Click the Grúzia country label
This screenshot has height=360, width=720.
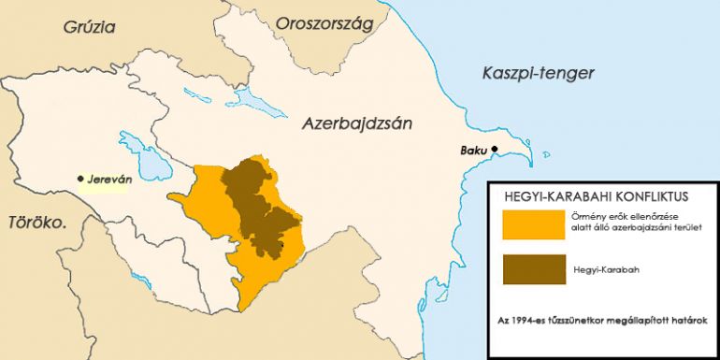coord(90,26)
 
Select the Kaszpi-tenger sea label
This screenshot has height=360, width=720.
coord(538,73)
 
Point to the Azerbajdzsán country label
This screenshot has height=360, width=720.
coord(356,122)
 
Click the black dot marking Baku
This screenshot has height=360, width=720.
coord(496,150)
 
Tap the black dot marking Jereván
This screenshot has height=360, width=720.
coord(81,178)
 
